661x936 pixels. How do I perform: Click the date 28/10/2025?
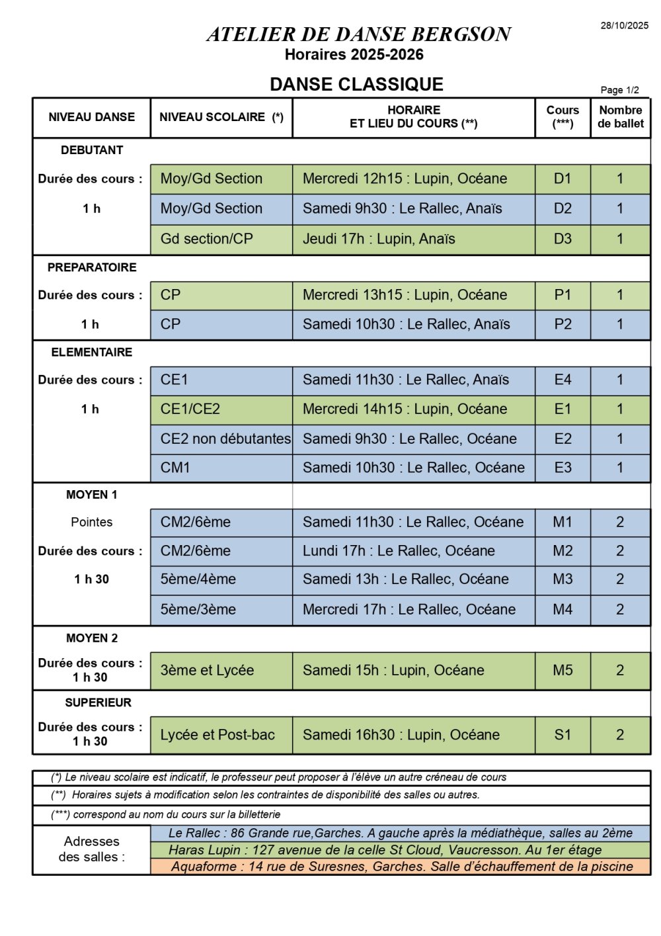coord(624,26)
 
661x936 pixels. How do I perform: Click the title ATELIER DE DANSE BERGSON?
coord(358,34)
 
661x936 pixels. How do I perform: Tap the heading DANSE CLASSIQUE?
coord(356,85)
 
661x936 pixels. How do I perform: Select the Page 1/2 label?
coord(619,90)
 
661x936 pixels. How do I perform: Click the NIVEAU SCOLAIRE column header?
coord(221,117)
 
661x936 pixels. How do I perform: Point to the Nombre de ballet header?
coord(620,117)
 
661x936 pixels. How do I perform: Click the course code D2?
coord(563,208)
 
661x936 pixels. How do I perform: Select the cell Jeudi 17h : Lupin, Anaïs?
coord(379,239)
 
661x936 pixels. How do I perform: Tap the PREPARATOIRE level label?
coord(92,267)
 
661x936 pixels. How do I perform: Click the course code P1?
coord(563,295)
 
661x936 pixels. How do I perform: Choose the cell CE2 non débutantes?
coord(225,439)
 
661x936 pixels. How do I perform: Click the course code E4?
coord(563,380)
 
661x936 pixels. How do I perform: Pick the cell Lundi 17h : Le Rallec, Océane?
coord(399,551)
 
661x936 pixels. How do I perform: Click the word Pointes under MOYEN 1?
coord(92,522)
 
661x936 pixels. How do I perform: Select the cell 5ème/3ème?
coord(198,609)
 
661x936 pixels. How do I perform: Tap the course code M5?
coord(563,670)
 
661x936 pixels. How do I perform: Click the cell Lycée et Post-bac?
coord(217,735)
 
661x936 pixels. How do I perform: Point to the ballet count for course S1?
coord(620,735)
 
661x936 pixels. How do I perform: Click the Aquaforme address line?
coord(402,867)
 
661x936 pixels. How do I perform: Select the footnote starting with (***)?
coord(166,814)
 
